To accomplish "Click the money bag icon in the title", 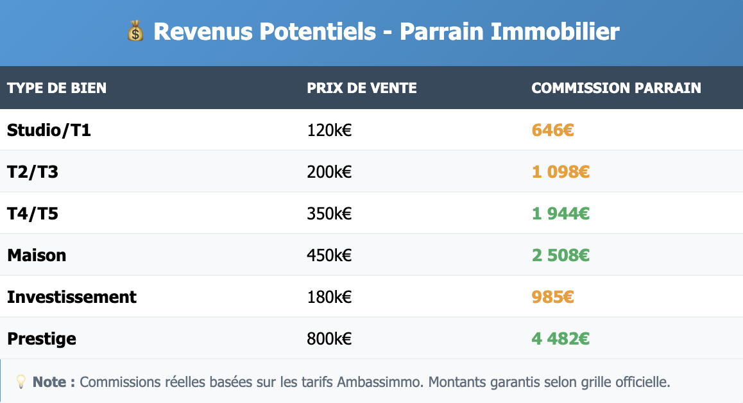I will pos(136,31).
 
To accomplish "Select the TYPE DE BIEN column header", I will pos(57,88).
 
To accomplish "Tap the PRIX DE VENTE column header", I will pos(362,88).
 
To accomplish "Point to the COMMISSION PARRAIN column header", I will pos(616,88).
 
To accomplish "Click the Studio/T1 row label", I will pos(49,130).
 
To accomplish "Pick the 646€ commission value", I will pos(552,130).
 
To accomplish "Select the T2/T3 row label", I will pos(33,172).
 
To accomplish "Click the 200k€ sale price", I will pos(329,172).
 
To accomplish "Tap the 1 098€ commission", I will pos(560,172).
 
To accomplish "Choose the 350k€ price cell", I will pos(329,214).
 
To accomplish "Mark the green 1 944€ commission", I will pos(560,214).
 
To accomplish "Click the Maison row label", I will pos(37,255).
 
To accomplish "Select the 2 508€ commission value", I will pos(560,255).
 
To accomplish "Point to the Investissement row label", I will pos(72,297).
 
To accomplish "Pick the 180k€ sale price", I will pos(329,297).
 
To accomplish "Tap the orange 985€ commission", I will pos(552,297).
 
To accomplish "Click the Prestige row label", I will pos(42,339).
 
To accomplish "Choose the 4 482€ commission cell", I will pos(560,339).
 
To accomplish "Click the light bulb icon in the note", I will pos(21,382).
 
